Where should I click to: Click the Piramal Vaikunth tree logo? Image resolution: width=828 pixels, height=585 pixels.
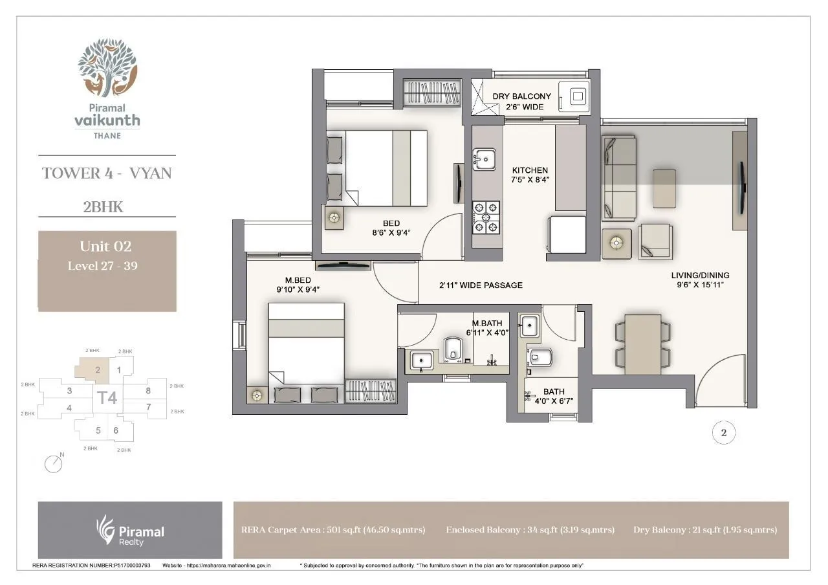[x=107, y=67]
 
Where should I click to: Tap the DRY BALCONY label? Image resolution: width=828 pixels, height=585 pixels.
[x=522, y=96]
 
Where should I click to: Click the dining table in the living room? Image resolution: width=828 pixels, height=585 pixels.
[x=643, y=344]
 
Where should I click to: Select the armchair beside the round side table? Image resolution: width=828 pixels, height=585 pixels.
[x=655, y=242]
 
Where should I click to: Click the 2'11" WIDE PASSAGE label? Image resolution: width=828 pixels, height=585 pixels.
[x=481, y=285]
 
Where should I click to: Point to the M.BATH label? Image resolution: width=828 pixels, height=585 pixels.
[x=487, y=324]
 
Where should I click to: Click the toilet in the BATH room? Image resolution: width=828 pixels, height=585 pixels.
[x=539, y=358]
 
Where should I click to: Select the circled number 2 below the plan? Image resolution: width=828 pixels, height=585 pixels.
[x=723, y=433]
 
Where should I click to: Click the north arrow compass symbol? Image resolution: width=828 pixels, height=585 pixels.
[x=54, y=463]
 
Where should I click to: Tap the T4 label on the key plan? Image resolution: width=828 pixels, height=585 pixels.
[x=107, y=397]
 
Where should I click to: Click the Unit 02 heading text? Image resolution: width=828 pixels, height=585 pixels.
[x=105, y=246]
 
